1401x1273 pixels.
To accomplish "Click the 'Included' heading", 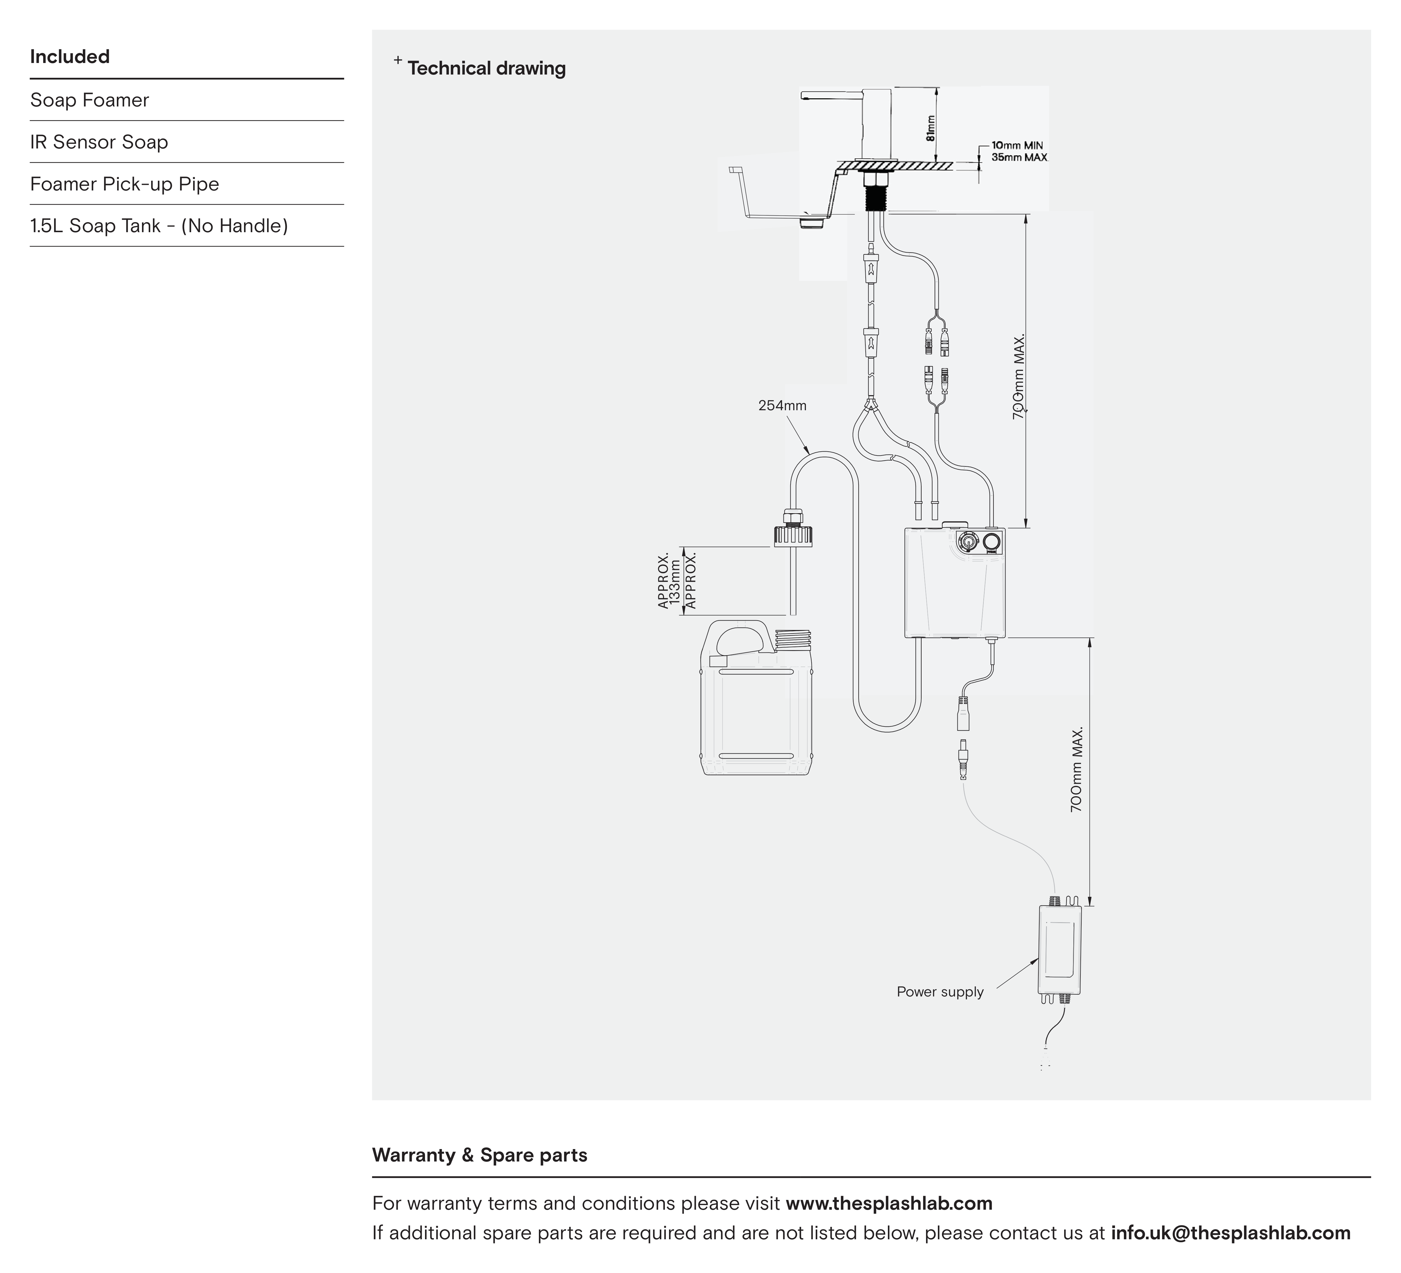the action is pyautogui.click(x=70, y=56).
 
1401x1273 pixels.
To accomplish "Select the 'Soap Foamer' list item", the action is pyautogui.click(x=90, y=100).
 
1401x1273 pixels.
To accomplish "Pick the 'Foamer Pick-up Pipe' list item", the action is pyautogui.click(x=125, y=184).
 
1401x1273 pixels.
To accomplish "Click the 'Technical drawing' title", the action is pyautogui.click(x=487, y=68).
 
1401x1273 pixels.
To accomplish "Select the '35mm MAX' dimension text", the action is pyautogui.click(x=1019, y=158).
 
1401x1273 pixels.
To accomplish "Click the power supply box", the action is pyautogui.click(x=1060, y=949).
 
